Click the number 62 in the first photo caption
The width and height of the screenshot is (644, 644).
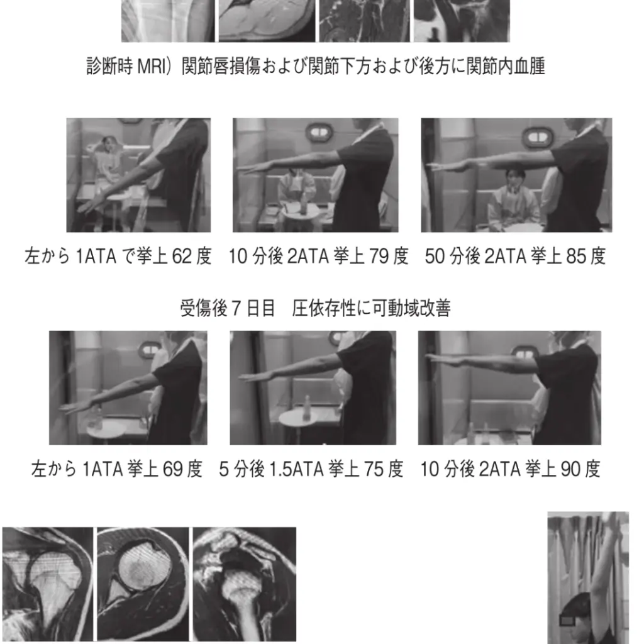tap(182, 257)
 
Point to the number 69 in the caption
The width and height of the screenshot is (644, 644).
tap(173, 469)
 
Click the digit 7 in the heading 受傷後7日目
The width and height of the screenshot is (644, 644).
tap(236, 308)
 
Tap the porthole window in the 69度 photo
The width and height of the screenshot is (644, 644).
tap(148, 350)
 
